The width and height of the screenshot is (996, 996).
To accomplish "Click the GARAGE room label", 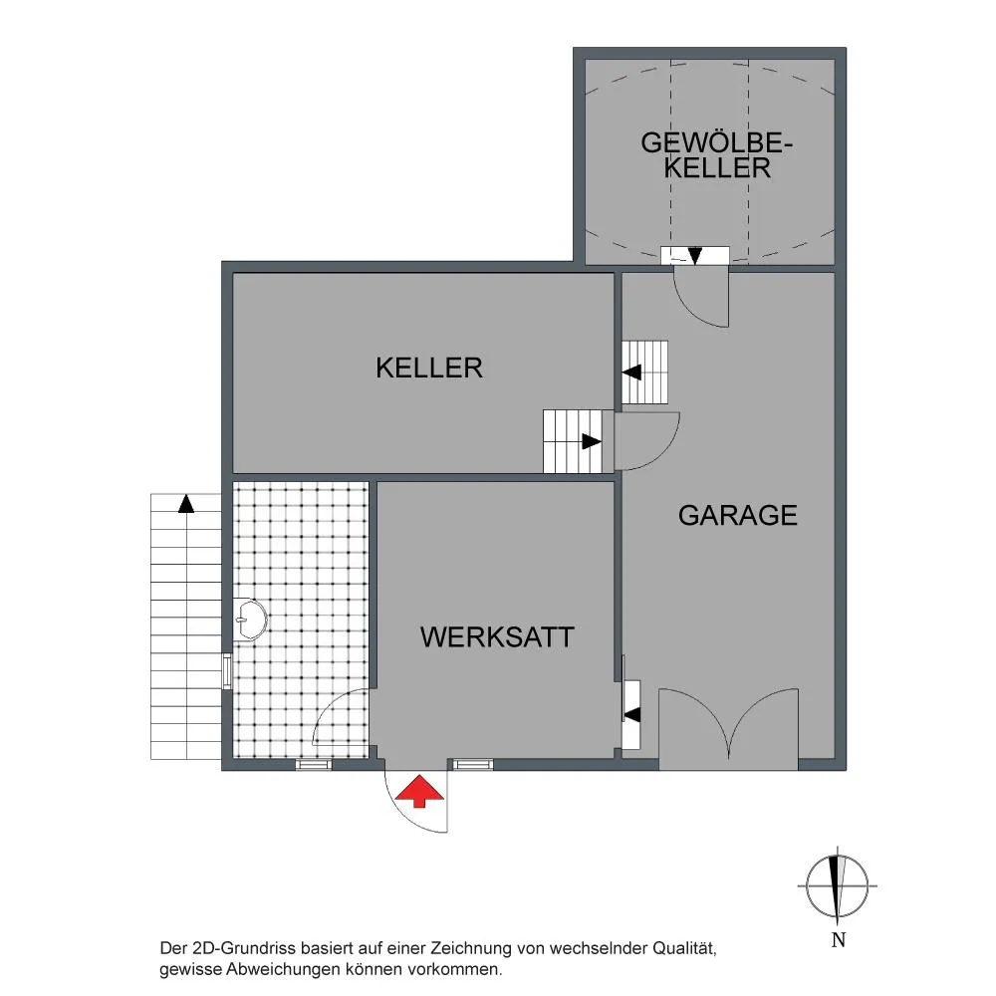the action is pyautogui.click(x=737, y=515).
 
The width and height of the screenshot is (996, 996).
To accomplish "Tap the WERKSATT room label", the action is pyautogui.click(x=497, y=637).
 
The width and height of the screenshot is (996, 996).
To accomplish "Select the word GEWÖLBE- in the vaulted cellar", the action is pyautogui.click(x=716, y=142).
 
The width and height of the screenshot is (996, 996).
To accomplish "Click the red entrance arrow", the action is pyautogui.click(x=419, y=791).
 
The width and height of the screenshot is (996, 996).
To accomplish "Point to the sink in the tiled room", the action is pyautogui.click(x=250, y=619).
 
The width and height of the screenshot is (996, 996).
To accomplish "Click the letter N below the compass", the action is pyautogui.click(x=839, y=939).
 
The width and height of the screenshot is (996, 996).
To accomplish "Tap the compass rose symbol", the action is pyautogui.click(x=838, y=885).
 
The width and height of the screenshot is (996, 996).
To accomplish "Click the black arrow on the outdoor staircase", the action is pyautogui.click(x=186, y=504).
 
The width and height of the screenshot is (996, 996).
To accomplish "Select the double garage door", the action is pyautogui.click(x=728, y=729).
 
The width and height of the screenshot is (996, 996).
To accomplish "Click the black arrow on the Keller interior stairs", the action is pyautogui.click(x=592, y=441).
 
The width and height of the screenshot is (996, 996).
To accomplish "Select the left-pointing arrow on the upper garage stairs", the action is pyautogui.click(x=632, y=373).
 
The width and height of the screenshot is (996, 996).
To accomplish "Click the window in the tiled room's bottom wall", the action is pyautogui.click(x=314, y=765).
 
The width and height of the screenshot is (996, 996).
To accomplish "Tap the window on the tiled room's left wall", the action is pyautogui.click(x=227, y=670).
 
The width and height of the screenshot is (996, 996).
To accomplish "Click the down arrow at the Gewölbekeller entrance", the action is pyautogui.click(x=695, y=255).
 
